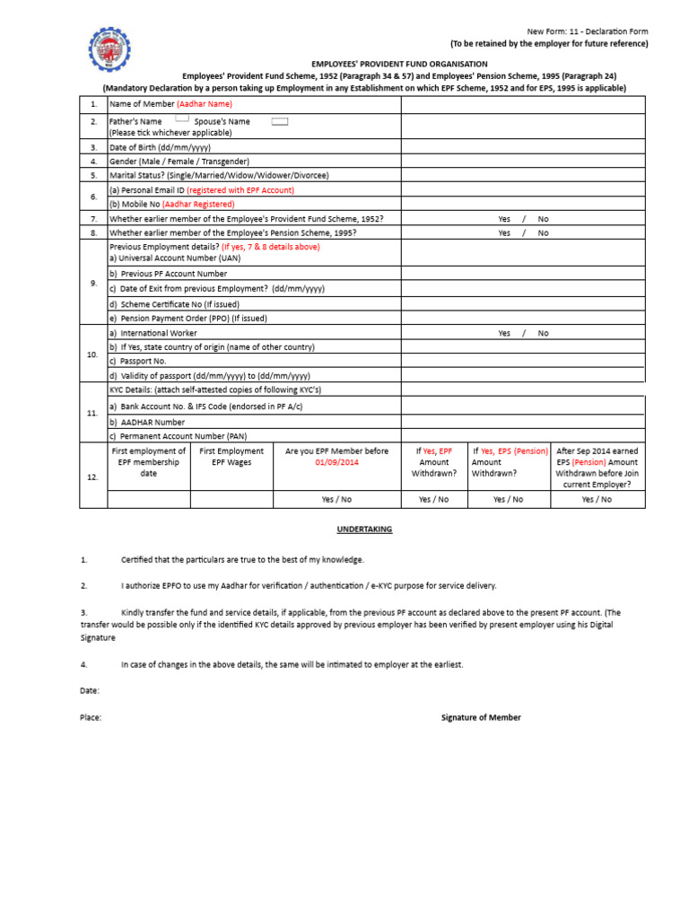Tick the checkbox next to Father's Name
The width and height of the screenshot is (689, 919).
point(181,118)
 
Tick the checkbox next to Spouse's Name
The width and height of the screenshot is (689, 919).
point(279,121)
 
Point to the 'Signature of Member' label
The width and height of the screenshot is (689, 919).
point(481,717)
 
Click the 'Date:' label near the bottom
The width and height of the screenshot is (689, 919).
point(90,690)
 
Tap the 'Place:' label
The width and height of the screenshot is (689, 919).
point(91,717)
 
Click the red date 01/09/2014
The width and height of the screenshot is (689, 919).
point(336,462)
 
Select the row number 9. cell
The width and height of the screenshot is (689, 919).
point(93,283)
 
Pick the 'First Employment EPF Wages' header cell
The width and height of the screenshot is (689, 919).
point(231,457)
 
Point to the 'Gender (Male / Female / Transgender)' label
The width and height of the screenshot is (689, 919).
point(179,161)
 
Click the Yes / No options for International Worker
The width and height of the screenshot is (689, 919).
point(522,333)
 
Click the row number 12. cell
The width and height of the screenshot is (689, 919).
point(93,477)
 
